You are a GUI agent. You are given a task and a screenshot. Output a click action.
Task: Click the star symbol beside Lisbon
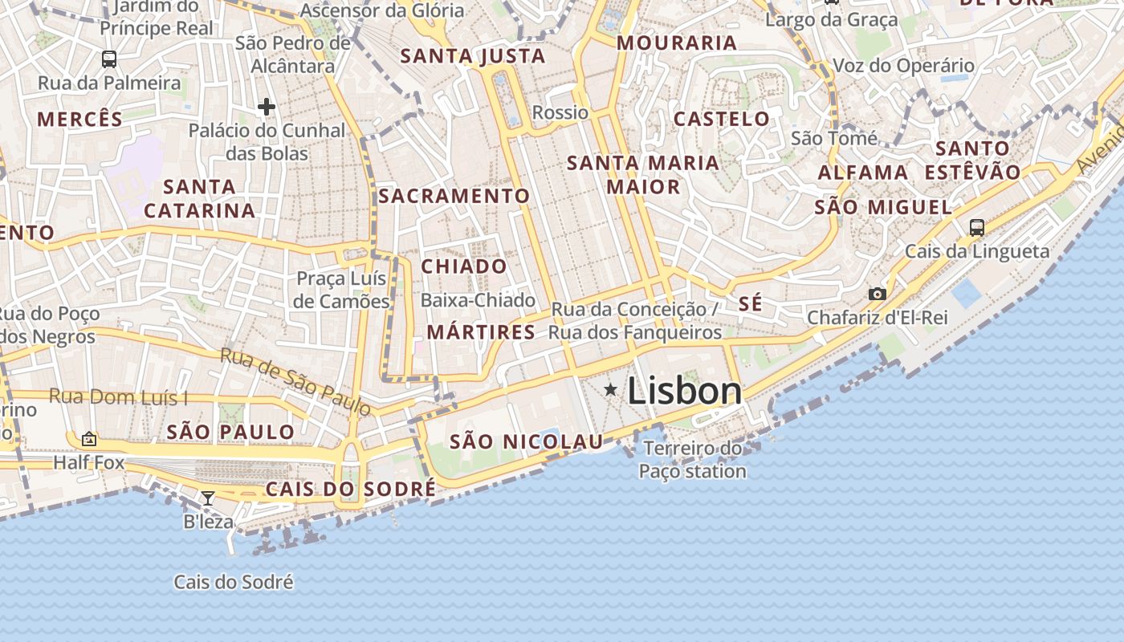[610, 390]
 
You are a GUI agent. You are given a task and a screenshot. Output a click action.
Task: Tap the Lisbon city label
[684, 391]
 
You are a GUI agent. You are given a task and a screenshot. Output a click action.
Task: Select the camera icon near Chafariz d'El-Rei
[878, 294]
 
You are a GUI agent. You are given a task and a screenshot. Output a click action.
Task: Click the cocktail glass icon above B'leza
[207, 498]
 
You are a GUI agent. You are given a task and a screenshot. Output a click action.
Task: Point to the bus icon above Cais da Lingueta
[976, 227]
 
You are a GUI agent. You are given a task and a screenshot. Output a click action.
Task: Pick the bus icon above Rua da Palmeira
[108, 59]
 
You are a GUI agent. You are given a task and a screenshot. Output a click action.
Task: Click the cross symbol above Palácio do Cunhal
[267, 106]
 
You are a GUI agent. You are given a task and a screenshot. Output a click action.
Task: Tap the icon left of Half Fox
[89, 439]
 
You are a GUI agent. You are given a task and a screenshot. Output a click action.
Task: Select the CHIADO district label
[464, 266]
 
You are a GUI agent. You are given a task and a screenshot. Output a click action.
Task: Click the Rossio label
[560, 112]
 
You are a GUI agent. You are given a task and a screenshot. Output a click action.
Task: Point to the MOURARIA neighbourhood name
[676, 43]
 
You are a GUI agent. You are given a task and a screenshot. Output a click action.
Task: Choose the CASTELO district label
[721, 120]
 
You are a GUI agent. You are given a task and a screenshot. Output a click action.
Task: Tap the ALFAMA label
[862, 173]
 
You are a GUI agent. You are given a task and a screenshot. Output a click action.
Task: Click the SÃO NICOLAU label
[526, 441]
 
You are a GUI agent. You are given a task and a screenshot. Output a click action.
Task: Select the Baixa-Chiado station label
[478, 300]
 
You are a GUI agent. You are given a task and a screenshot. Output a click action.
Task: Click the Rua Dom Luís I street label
[118, 396]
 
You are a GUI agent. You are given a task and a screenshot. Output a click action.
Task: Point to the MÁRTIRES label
[481, 332]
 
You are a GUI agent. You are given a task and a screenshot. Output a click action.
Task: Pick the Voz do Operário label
[903, 66]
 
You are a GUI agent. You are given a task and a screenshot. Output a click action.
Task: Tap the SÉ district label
[750, 304]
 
